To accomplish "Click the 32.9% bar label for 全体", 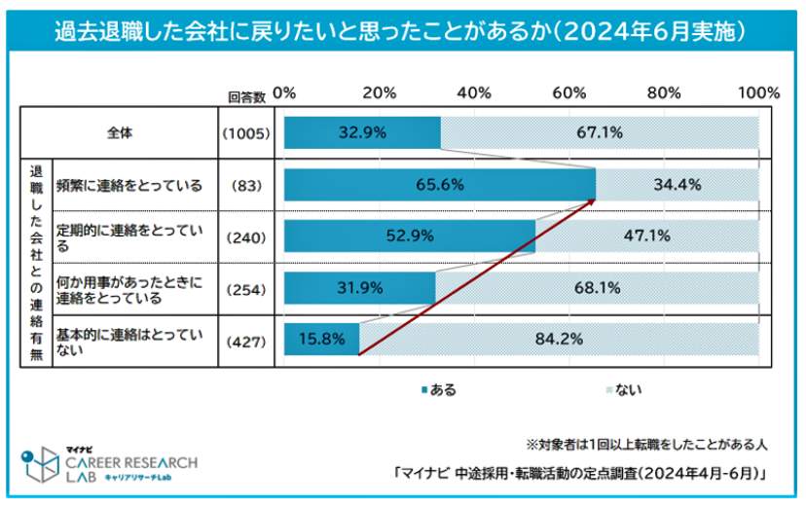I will (362, 132).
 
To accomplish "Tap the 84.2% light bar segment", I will (558, 339).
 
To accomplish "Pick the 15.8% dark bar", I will (321, 339).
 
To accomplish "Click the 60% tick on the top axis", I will (568, 93).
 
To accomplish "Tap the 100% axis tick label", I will (758, 93).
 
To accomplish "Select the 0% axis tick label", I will (284, 93).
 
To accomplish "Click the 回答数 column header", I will (246, 95).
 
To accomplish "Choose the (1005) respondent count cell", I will (246, 132).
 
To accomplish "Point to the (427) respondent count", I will (246, 340).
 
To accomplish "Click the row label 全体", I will (122, 131).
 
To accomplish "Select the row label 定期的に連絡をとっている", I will (129, 235).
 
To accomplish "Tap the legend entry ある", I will (438, 390).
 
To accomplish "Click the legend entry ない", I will (626, 390).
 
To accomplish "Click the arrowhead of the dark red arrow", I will (593, 201).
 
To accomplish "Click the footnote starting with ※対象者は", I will (647, 443).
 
